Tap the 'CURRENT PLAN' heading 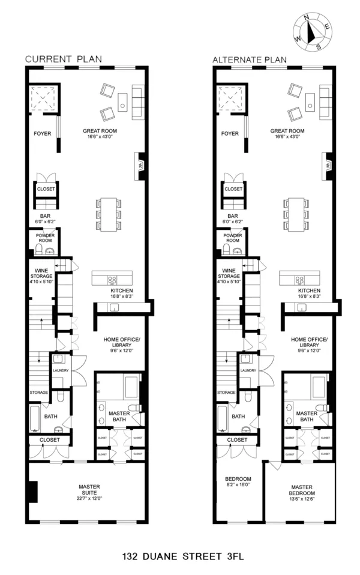click(62, 59)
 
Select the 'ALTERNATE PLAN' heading click(249, 60)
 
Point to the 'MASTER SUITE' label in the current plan click(89, 490)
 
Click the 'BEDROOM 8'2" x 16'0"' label click(238, 482)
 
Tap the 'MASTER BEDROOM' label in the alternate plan click(302, 490)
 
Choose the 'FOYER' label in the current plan click(42, 133)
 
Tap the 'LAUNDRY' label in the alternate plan click(248, 370)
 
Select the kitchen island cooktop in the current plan click(112, 278)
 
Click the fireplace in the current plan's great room click(140, 163)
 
